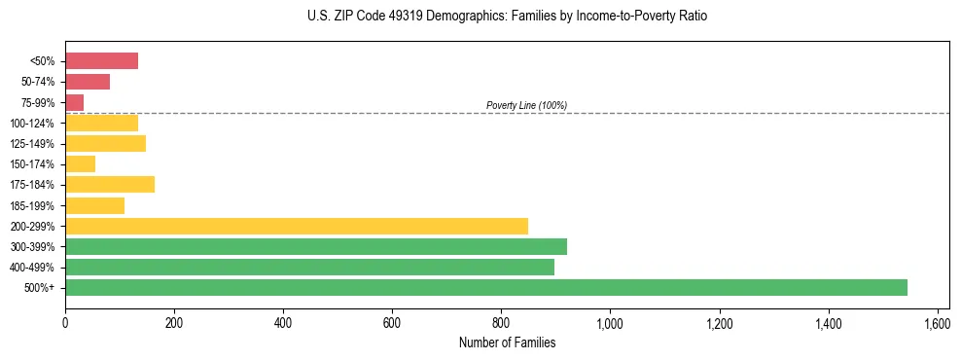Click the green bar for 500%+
[486, 287]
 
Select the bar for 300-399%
[316, 246]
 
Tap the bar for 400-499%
[309, 267]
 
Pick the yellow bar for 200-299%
[297, 226]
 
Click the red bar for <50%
[101, 61]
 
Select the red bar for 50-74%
[88, 82]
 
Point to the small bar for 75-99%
[74, 102]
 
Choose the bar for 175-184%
[110, 185]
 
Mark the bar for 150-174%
[80, 163]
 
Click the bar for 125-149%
[105, 143]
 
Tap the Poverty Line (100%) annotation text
[526, 105]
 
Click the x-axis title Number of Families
[507, 342]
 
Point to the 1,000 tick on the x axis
[610, 322]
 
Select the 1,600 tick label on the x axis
[937, 322]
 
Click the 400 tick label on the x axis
[283, 322]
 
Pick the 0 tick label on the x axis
[65, 322]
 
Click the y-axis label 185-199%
[32, 205]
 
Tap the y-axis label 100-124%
[32, 123]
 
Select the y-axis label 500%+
[40, 287]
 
